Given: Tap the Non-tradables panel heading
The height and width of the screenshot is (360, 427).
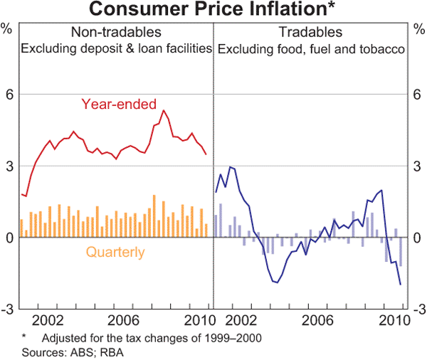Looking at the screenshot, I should click(x=116, y=33).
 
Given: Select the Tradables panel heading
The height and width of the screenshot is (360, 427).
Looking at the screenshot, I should click(x=310, y=33).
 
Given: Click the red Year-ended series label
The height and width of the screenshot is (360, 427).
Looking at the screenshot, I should click(x=119, y=105).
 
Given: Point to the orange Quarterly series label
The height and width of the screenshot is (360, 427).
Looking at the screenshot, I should click(x=115, y=252).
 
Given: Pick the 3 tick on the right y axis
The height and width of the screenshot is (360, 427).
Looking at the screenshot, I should click(x=419, y=166).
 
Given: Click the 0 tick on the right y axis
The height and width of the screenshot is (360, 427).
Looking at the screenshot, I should click(x=419, y=238).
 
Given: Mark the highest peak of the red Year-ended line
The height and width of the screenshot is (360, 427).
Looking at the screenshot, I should click(x=164, y=110).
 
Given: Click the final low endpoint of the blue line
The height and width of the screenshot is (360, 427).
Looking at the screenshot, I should click(x=401, y=285).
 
